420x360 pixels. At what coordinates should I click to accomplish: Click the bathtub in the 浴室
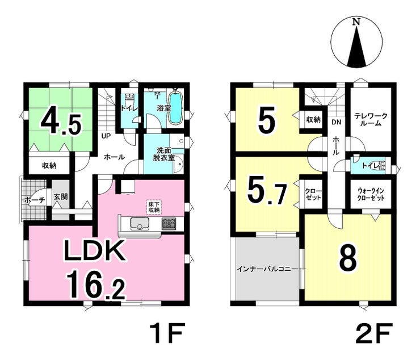coord(176,108)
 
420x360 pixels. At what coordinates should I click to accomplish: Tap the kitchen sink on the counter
coord(140,223)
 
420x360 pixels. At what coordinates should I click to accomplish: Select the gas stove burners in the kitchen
coord(169,223)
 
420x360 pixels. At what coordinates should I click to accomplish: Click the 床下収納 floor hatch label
coord(154,207)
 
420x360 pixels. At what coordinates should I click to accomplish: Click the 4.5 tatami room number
coord(61,122)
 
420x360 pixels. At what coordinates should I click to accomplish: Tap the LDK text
coord(94,251)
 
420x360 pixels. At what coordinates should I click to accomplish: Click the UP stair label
coord(106,136)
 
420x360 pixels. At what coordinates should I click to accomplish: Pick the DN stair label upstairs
coord(337,122)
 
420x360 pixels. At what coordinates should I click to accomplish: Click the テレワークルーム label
coord(371,120)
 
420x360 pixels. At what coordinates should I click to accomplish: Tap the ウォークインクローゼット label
coord(371,195)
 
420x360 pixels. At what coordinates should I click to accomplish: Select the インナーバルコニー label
coord(267,269)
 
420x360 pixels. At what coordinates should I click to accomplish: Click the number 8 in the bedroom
coord(348,258)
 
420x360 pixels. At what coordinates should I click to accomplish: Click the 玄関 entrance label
coord(61,196)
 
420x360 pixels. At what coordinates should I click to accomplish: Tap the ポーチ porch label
coord(34,200)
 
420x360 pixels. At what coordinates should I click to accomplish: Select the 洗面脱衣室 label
coord(163,154)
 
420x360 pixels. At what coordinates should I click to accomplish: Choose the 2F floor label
coord(374,333)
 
